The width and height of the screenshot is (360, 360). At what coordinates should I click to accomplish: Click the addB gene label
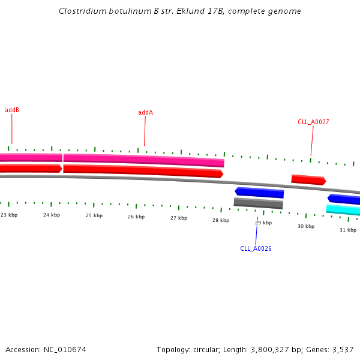tap(12, 110)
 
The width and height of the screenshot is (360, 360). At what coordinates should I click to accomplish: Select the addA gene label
tap(145, 112)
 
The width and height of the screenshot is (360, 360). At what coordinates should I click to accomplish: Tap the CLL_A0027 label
tap(313, 122)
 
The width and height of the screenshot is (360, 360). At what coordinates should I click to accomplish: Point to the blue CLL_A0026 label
tap(256, 248)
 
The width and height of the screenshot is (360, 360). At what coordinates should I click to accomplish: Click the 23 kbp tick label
tap(9, 215)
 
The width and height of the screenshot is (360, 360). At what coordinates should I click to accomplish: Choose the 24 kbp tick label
tap(52, 215)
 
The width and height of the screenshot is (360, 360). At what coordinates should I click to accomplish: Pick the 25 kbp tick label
tap(94, 215)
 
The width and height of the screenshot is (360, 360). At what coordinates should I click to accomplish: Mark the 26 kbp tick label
tap(136, 217)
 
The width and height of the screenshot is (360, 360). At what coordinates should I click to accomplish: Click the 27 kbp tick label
tap(179, 218)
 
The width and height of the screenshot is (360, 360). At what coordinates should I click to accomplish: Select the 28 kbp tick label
tap(221, 220)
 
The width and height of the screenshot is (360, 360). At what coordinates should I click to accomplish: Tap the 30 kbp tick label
tap(306, 226)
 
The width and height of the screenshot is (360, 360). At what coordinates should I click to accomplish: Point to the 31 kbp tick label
tap(348, 230)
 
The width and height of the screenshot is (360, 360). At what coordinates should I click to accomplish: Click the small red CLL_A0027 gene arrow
tap(308, 179)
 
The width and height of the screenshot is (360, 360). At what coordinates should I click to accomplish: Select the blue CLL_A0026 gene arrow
tap(259, 193)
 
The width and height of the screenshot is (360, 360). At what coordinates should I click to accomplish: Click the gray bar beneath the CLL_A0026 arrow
tap(258, 203)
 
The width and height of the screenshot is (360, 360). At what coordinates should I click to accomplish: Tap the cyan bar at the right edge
tap(344, 209)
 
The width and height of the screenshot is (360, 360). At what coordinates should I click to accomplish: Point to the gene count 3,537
tap(341, 349)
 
